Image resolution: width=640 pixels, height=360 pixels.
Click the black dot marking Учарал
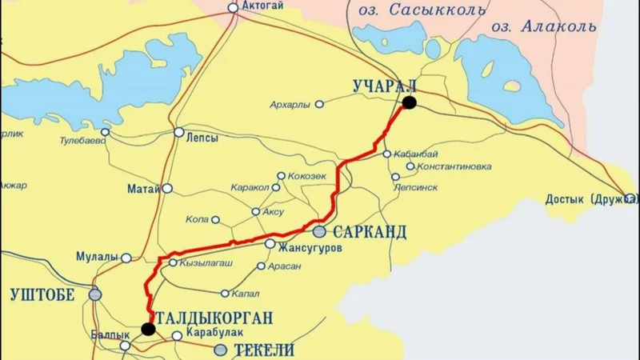tap(410, 102)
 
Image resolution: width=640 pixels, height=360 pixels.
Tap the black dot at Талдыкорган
tap(148, 328)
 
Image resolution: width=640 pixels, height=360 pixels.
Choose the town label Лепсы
tap(202, 137)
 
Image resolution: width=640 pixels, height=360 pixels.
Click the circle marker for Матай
tap(167, 190)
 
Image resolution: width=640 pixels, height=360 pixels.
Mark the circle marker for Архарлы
tap(319, 104)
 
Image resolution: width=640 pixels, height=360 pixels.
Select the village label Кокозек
tap(306, 175)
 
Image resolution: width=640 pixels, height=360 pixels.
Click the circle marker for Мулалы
tap(126, 258)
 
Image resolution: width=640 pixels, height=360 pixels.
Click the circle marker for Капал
tap(225, 293)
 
